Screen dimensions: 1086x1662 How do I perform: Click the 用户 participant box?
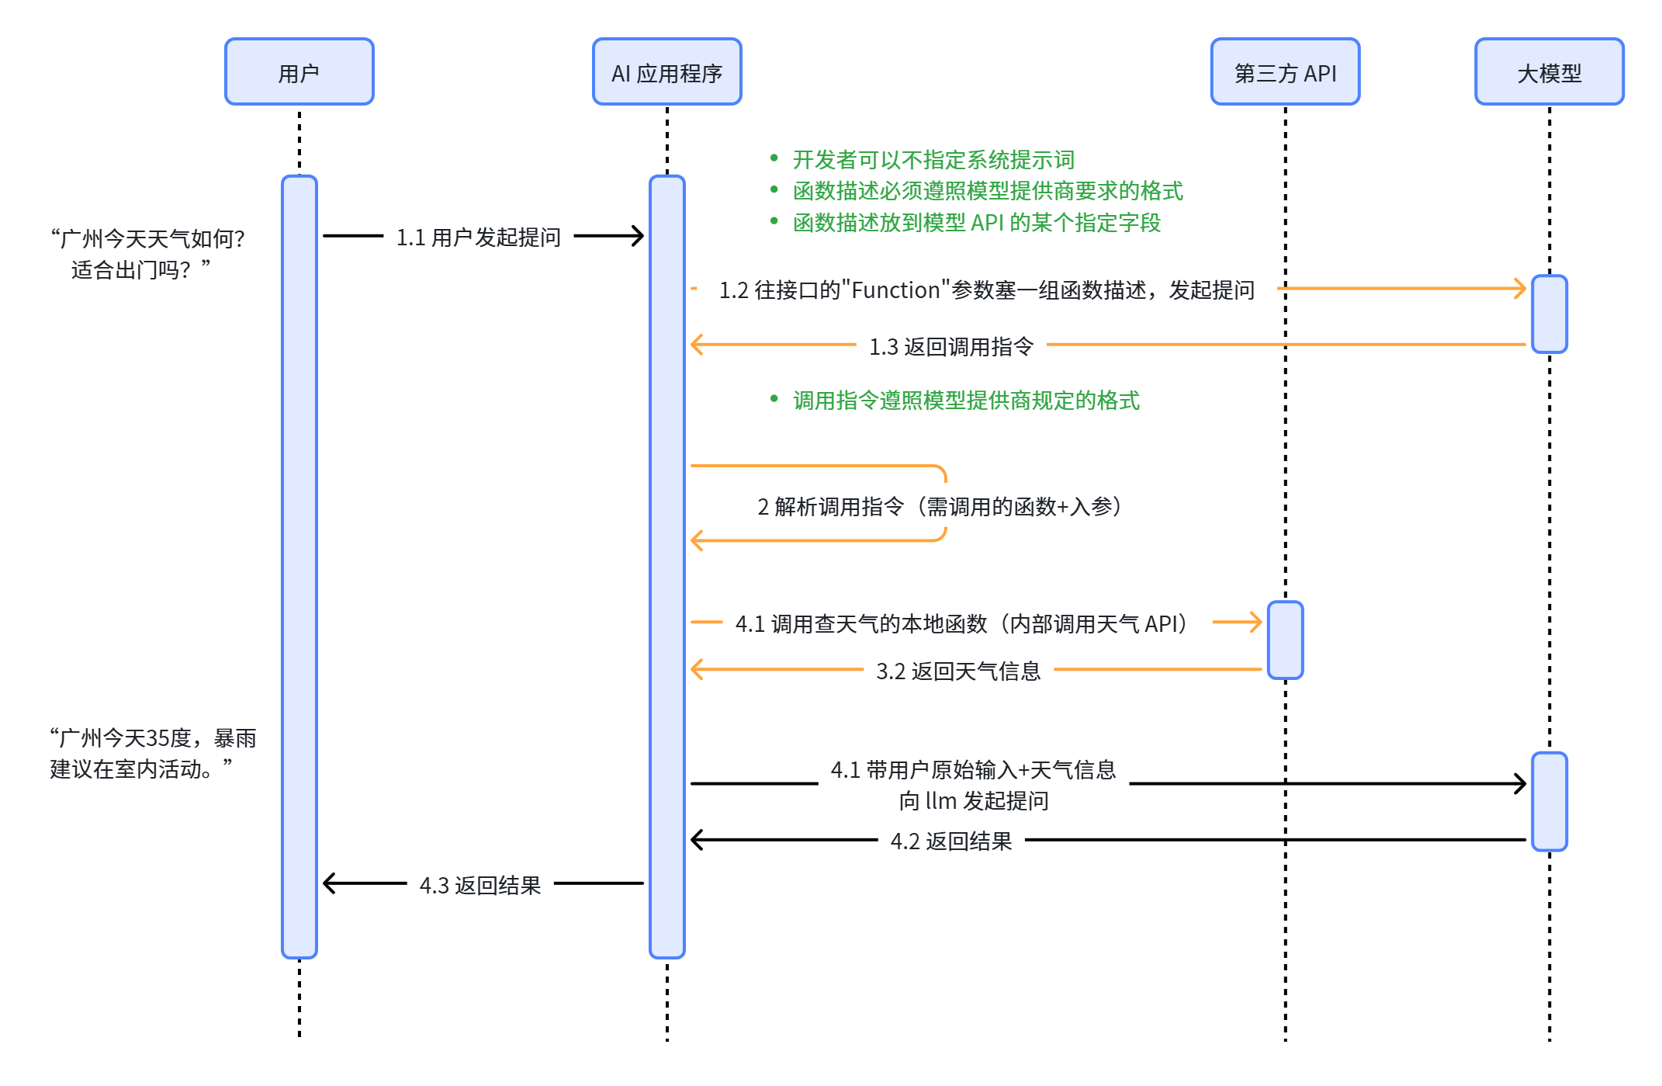tap(299, 71)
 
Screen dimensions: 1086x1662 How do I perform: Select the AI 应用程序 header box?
tap(667, 71)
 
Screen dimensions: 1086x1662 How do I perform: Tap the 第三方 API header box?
tap(1285, 71)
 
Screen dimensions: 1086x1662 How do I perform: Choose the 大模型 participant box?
tap(1549, 71)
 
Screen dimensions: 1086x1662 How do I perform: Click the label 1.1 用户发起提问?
tap(478, 237)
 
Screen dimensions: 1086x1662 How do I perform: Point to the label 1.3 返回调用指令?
tap(950, 346)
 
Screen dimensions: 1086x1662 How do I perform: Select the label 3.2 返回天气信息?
tap(958, 671)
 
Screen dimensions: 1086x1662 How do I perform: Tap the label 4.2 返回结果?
tap(950, 841)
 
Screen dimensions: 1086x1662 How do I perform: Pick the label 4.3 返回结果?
tap(480, 885)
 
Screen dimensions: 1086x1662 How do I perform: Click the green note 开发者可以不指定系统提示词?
tap(933, 160)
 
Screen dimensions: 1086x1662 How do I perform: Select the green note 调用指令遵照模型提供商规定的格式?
tap(965, 401)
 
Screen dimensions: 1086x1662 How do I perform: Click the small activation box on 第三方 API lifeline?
tap(1285, 640)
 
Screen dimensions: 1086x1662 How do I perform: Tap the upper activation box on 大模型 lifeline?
tap(1549, 314)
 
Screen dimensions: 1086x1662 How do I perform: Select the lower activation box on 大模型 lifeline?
tap(1549, 801)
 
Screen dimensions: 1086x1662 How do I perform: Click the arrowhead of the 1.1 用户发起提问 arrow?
tap(638, 236)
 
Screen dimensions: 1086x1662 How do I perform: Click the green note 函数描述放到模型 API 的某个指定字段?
tap(976, 223)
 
